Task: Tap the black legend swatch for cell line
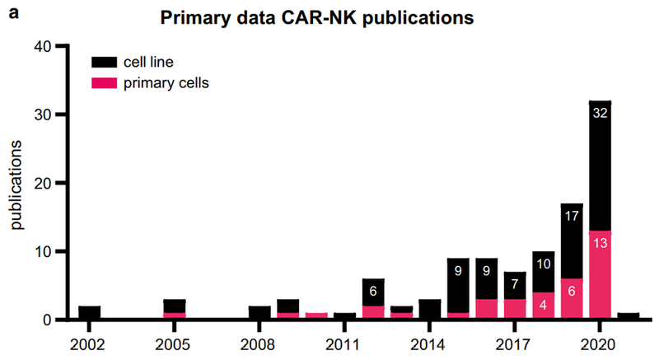pos(105,61)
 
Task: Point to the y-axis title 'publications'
pos(16,184)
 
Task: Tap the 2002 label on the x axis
pos(90,340)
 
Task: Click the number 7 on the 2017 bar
pos(515,284)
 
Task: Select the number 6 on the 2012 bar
pos(373,291)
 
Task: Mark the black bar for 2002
pos(90,312)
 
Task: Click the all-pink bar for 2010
pos(316,316)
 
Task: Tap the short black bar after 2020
pos(628,316)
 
